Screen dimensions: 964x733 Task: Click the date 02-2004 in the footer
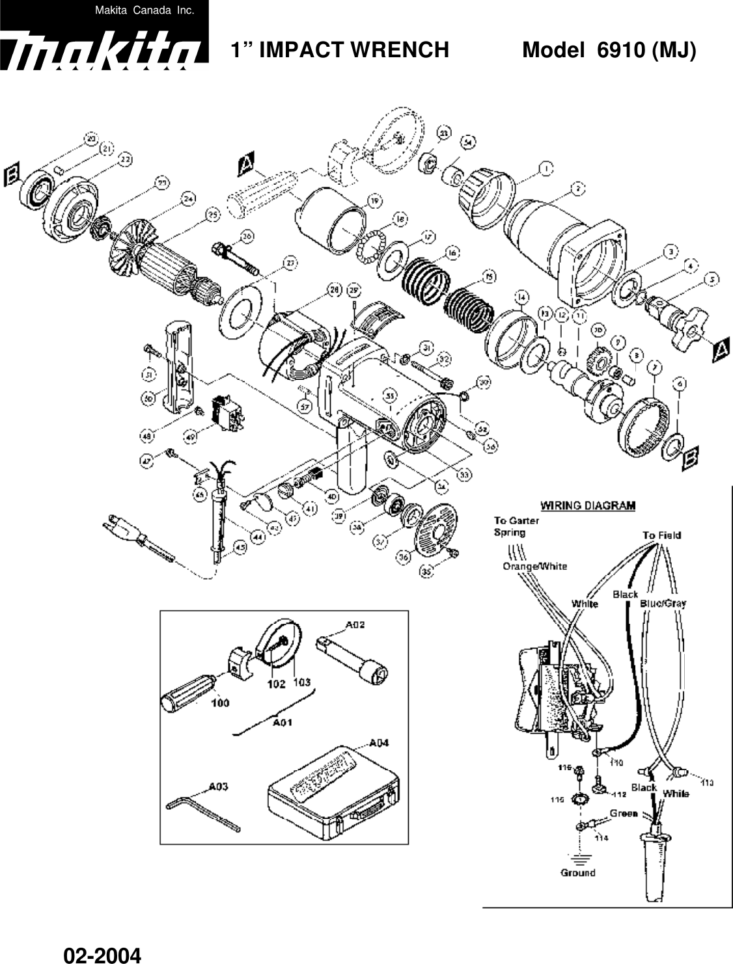[102, 955]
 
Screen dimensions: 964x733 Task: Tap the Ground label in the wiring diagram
[577, 872]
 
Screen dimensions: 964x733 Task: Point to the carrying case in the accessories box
[332, 795]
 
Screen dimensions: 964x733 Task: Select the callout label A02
[355, 625]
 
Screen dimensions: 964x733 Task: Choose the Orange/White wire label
[534, 566]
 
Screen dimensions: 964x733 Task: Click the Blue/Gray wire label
[663, 603]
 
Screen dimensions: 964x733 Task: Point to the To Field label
[661, 535]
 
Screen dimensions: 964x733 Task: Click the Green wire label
[624, 813]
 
